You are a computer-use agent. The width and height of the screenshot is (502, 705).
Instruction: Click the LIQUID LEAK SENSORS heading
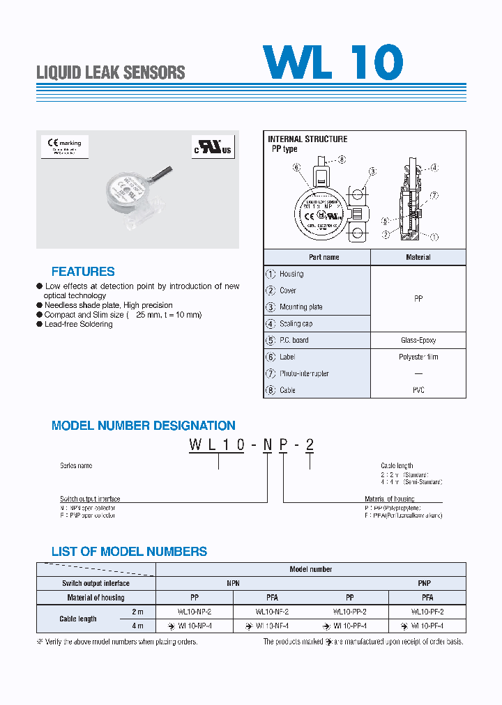pos(110,72)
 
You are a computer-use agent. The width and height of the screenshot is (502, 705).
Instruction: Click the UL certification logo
pos(212,148)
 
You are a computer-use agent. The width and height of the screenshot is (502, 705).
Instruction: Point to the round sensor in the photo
pos(128,191)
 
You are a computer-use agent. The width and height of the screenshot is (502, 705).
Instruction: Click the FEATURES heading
pos(83,272)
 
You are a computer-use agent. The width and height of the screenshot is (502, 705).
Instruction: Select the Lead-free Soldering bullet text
pos(78,325)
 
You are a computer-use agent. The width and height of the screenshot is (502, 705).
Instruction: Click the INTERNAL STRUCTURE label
pos(307,139)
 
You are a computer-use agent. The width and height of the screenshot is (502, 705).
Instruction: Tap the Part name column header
pos(324,257)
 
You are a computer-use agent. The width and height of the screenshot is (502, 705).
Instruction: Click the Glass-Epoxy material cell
pos(418,340)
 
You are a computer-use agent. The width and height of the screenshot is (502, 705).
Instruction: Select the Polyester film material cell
pos(418,357)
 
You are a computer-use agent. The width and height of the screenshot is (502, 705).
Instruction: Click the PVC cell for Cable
pos(418,390)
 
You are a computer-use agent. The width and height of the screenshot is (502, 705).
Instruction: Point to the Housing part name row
pos(291,274)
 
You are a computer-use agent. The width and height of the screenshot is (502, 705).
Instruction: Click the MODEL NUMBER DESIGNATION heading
pos(143,426)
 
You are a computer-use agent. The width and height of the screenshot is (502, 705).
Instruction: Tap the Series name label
pos(76,465)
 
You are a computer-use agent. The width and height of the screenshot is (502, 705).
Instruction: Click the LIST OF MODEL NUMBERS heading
pos(129,552)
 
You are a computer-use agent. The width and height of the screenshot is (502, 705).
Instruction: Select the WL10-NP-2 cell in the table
pos(195,612)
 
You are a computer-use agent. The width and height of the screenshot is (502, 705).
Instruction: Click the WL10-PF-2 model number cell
pos(427,612)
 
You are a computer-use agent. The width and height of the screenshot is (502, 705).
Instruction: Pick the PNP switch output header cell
pos(424,583)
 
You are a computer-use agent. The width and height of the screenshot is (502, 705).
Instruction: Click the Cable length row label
pos(78,619)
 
